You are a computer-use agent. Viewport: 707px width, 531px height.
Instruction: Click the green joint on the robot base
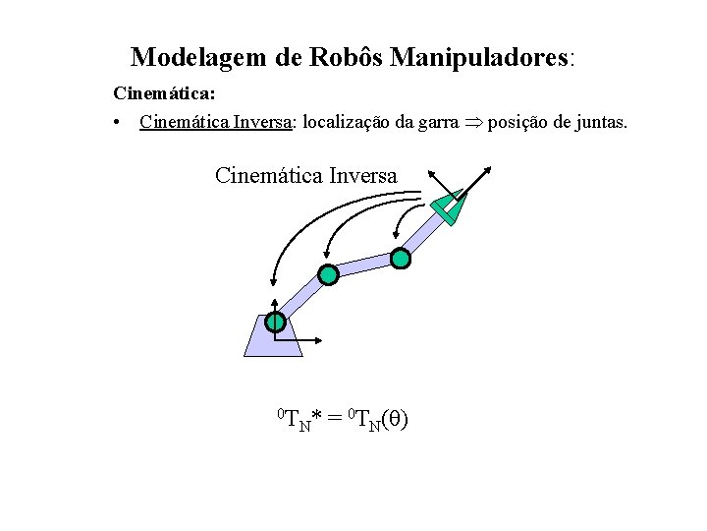276,322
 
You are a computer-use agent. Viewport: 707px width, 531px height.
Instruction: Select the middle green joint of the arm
329,275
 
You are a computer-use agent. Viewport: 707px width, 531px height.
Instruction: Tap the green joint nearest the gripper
400,259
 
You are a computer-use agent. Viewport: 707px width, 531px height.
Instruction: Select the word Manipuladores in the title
478,57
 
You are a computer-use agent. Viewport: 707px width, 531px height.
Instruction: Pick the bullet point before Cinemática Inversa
117,123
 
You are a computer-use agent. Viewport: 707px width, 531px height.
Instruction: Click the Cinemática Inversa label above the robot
306,176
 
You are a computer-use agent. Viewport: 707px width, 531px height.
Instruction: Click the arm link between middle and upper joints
364,266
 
